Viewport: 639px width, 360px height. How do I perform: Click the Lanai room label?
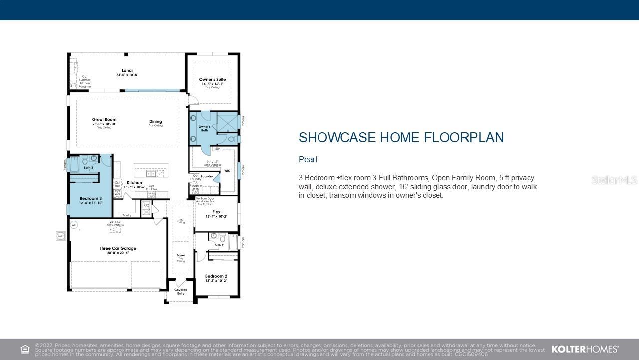pos(127,71)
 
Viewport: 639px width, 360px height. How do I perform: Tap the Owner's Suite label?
pos(212,80)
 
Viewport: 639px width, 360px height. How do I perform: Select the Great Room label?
pos(104,120)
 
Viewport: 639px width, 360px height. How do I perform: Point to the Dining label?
pos(155,122)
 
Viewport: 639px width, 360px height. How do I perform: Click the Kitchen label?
pos(134,183)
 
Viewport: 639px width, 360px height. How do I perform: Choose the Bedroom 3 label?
pos(90,198)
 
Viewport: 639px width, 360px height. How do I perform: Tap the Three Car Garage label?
pos(118,248)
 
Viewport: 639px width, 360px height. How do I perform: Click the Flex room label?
pos(216,212)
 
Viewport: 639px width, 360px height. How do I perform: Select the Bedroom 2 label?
pos(216,276)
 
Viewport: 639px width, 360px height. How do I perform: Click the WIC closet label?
pos(227,171)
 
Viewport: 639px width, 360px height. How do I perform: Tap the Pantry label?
pos(127,215)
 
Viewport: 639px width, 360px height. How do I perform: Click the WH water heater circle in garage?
pos(74,225)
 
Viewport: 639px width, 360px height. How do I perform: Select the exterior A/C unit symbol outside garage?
pos(61,236)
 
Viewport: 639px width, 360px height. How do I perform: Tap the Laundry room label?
pos(207,176)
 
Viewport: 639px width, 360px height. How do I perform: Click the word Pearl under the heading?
pos(308,160)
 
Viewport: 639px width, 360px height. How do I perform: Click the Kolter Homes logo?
pos(585,349)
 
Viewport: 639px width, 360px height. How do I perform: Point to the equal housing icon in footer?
pos(25,349)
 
